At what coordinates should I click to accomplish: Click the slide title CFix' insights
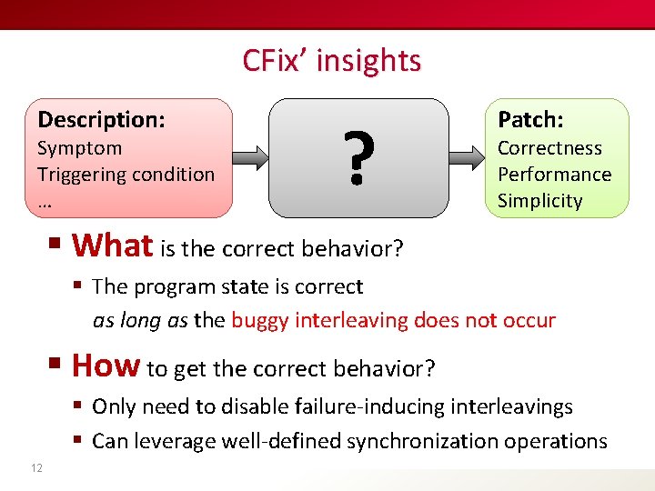click(x=331, y=60)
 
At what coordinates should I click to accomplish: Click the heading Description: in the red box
click(x=101, y=119)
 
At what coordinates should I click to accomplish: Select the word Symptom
click(x=79, y=148)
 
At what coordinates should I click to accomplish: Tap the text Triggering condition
click(x=126, y=174)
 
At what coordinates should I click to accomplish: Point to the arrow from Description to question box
click(x=251, y=157)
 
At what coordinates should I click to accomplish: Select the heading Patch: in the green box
click(x=530, y=119)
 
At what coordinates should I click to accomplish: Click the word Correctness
click(x=549, y=148)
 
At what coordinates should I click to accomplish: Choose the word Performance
click(x=554, y=174)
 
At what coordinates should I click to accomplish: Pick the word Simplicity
click(x=539, y=200)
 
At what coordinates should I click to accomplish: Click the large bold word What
click(x=112, y=245)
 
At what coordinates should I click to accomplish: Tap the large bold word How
click(x=106, y=366)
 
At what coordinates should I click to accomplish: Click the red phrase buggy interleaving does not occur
click(x=393, y=320)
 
